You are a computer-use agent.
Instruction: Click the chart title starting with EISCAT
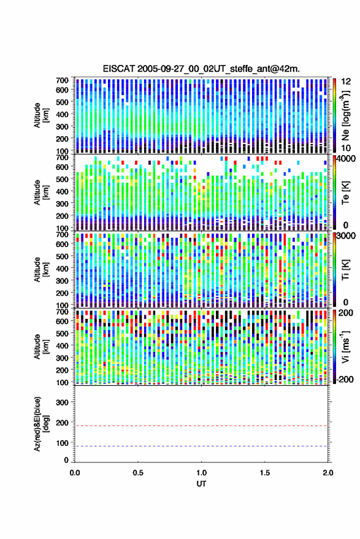(201, 69)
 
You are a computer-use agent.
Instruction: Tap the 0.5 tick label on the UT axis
(138, 473)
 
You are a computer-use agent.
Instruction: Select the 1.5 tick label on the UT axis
(265, 473)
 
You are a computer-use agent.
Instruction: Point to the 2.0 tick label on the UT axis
(328, 473)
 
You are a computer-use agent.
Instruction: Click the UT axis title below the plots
(201, 484)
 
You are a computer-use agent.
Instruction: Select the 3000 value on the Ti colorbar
(347, 236)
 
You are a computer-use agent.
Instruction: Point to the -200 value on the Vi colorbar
(345, 379)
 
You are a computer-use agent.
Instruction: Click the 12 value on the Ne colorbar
(346, 82)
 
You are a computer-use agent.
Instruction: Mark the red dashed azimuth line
(202, 426)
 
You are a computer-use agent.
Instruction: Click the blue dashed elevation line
(202, 446)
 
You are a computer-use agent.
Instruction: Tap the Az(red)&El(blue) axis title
(41, 424)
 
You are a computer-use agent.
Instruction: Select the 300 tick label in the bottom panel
(62, 402)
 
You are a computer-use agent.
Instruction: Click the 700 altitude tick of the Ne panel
(62, 80)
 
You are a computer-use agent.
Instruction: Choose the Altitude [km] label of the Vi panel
(41, 346)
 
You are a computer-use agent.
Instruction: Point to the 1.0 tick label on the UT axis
(202, 473)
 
